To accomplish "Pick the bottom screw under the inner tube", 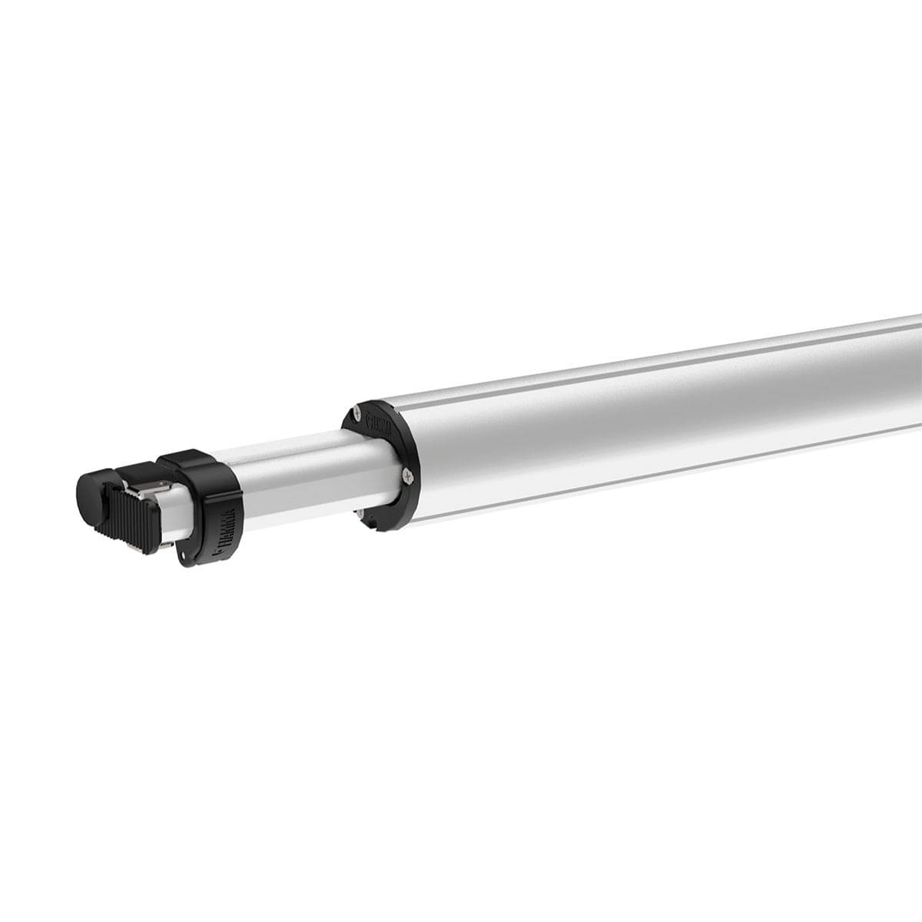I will (360, 512).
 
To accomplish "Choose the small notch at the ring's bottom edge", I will (376, 527).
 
